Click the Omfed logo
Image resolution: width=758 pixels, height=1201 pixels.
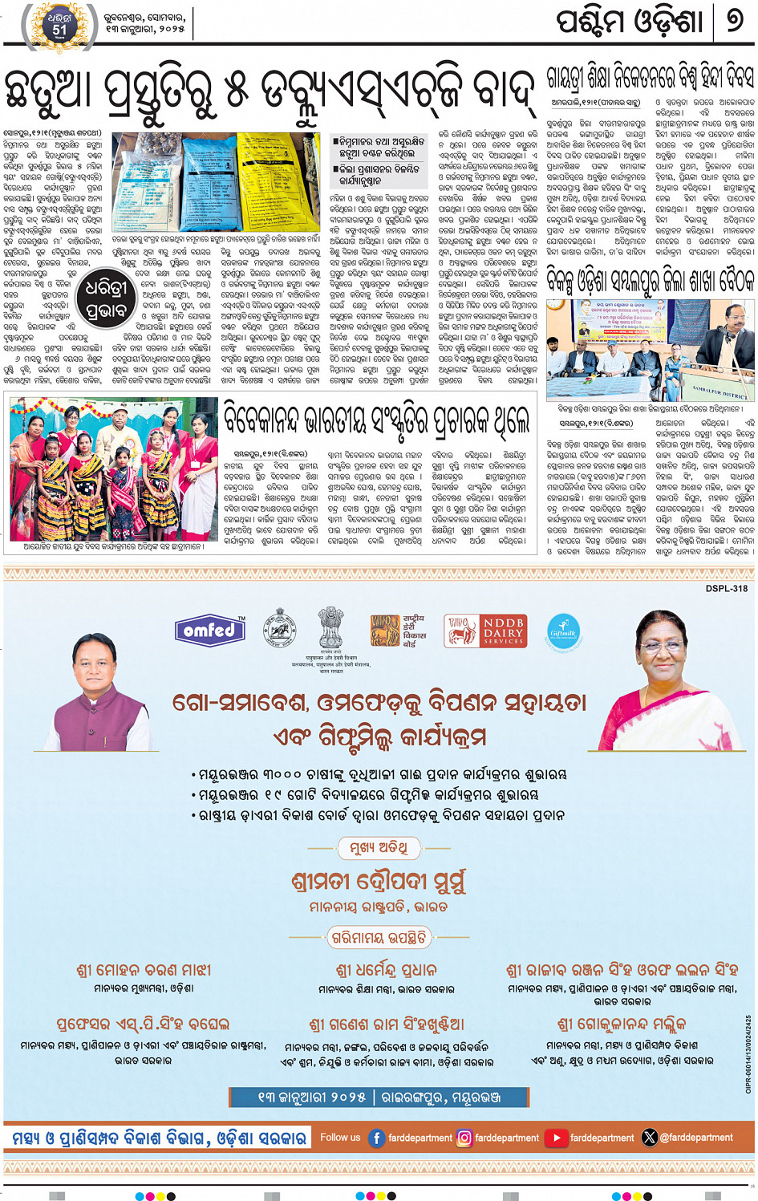pyautogui.click(x=210, y=631)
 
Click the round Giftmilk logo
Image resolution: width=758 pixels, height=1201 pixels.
pyautogui.click(x=563, y=631)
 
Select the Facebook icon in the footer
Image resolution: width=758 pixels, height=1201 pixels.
pyautogui.click(x=376, y=1137)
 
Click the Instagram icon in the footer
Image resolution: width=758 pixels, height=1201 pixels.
pyautogui.click(x=464, y=1137)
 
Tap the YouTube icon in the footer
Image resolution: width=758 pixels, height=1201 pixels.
pyautogui.click(x=557, y=1137)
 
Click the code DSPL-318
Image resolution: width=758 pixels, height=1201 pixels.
pyautogui.click(x=726, y=589)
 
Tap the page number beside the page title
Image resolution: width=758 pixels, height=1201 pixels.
pyautogui.click(x=735, y=21)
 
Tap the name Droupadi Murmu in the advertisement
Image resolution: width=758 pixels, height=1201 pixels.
pyautogui.click(x=378, y=882)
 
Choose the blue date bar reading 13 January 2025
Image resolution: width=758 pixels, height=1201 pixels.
pyautogui.click(x=379, y=1097)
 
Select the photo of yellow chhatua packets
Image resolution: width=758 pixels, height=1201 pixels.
pyautogui.click(x=220, y=182)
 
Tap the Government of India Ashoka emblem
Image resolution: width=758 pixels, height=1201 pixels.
pyautogui.click(x=330, y=629)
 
